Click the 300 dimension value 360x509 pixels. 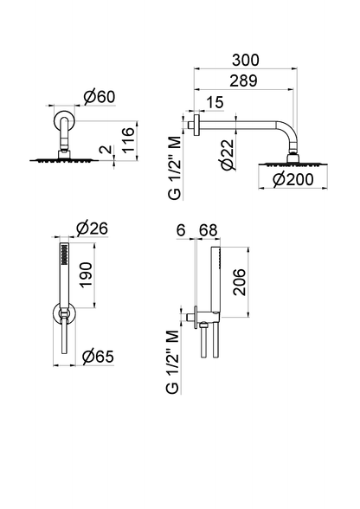pos(246,60)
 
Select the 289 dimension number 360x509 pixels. pos(243,81)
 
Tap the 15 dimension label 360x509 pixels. pos(215,102)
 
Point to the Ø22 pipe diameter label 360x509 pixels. pos(228,155)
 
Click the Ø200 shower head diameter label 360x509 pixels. pos(293,179)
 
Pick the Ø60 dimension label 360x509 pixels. pos(100,97)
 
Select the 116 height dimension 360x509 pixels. pos(129,140)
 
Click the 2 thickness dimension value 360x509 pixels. pos(106,150)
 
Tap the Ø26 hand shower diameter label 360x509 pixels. pos(92,229)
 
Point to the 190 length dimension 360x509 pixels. pos(86,274)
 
